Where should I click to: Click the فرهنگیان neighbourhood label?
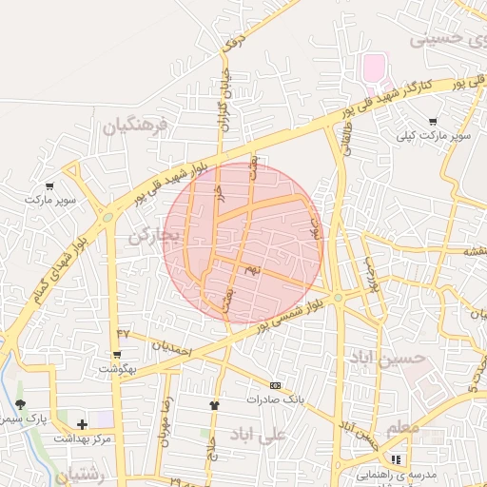click(134, 125)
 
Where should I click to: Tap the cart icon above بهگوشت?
click(117, 354)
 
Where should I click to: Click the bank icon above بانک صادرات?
click(275, 385)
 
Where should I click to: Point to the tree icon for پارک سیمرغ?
click(21, 405)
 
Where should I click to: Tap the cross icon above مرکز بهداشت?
click(82, 424)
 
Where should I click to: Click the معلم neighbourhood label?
click(402, 429)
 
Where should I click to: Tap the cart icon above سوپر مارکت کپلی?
click(434, 122)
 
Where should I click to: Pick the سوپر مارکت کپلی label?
click(437, 137)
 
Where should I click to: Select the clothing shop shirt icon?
click(214, 405)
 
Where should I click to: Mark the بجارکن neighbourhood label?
click(153, 235)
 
